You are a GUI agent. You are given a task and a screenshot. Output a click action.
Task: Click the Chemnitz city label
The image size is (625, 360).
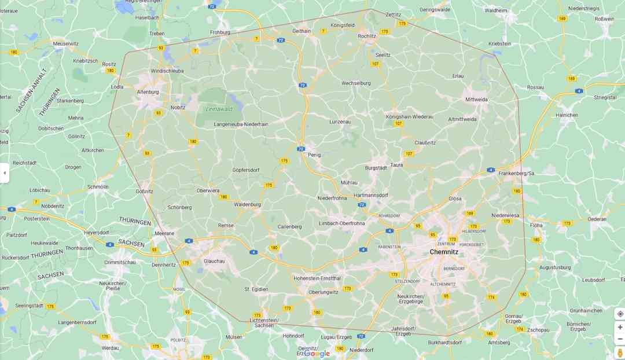(x=444, y=252)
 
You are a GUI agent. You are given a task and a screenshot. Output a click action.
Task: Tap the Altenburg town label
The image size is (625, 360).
(x=148, y=92)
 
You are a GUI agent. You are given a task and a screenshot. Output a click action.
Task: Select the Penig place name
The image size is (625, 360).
(x=314, y=155)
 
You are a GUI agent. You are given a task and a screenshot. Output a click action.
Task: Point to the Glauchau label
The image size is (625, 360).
(x=214, y=261)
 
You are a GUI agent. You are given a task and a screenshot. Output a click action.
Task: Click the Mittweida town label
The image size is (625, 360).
(x=476, y=100)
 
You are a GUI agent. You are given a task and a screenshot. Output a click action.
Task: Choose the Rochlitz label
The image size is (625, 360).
(x=367, y=36)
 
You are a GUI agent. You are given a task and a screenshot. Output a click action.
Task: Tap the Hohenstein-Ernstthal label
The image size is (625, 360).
(x=318, y=278)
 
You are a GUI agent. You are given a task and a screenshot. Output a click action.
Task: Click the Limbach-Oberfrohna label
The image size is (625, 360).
(x=342, y=223)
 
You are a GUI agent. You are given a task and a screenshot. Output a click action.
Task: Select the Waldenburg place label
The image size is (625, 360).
(x=247, y=204)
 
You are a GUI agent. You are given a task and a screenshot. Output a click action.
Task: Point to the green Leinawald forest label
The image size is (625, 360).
(x=219, y=109)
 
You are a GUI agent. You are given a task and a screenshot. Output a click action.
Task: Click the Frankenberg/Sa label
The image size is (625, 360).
(x=516, y=173)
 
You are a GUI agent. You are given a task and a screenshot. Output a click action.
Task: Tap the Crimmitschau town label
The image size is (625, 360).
(x=120, y=262)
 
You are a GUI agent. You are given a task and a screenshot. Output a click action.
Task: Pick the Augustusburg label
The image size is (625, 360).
(x=555, y=267)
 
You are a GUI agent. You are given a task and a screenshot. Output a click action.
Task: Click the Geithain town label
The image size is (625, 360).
(x=302, y=31)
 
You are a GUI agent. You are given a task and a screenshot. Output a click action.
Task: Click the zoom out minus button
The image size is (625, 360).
(x=620, y=339)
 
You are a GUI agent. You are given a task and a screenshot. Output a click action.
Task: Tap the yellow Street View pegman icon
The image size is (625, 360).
(x=620, y=352)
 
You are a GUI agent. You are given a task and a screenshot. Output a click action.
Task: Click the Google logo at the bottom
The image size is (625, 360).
(x=317, y=354)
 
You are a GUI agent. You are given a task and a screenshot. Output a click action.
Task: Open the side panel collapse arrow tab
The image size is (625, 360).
(x=5, y=172)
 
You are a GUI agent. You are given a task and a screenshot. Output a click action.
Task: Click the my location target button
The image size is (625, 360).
(x=620, y=314)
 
